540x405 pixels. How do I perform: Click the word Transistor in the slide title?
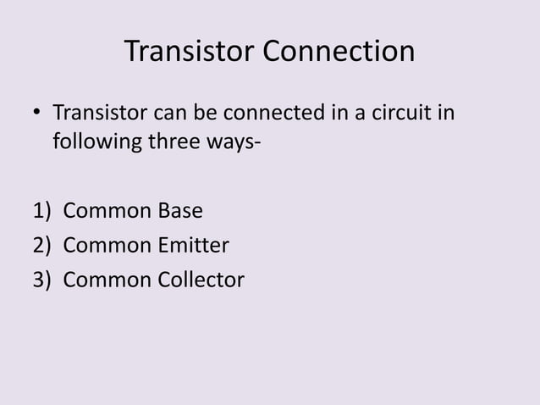tap(190, 53)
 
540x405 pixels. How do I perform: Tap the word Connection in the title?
tap(339, 53)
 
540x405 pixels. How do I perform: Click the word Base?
tap(179, 208)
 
